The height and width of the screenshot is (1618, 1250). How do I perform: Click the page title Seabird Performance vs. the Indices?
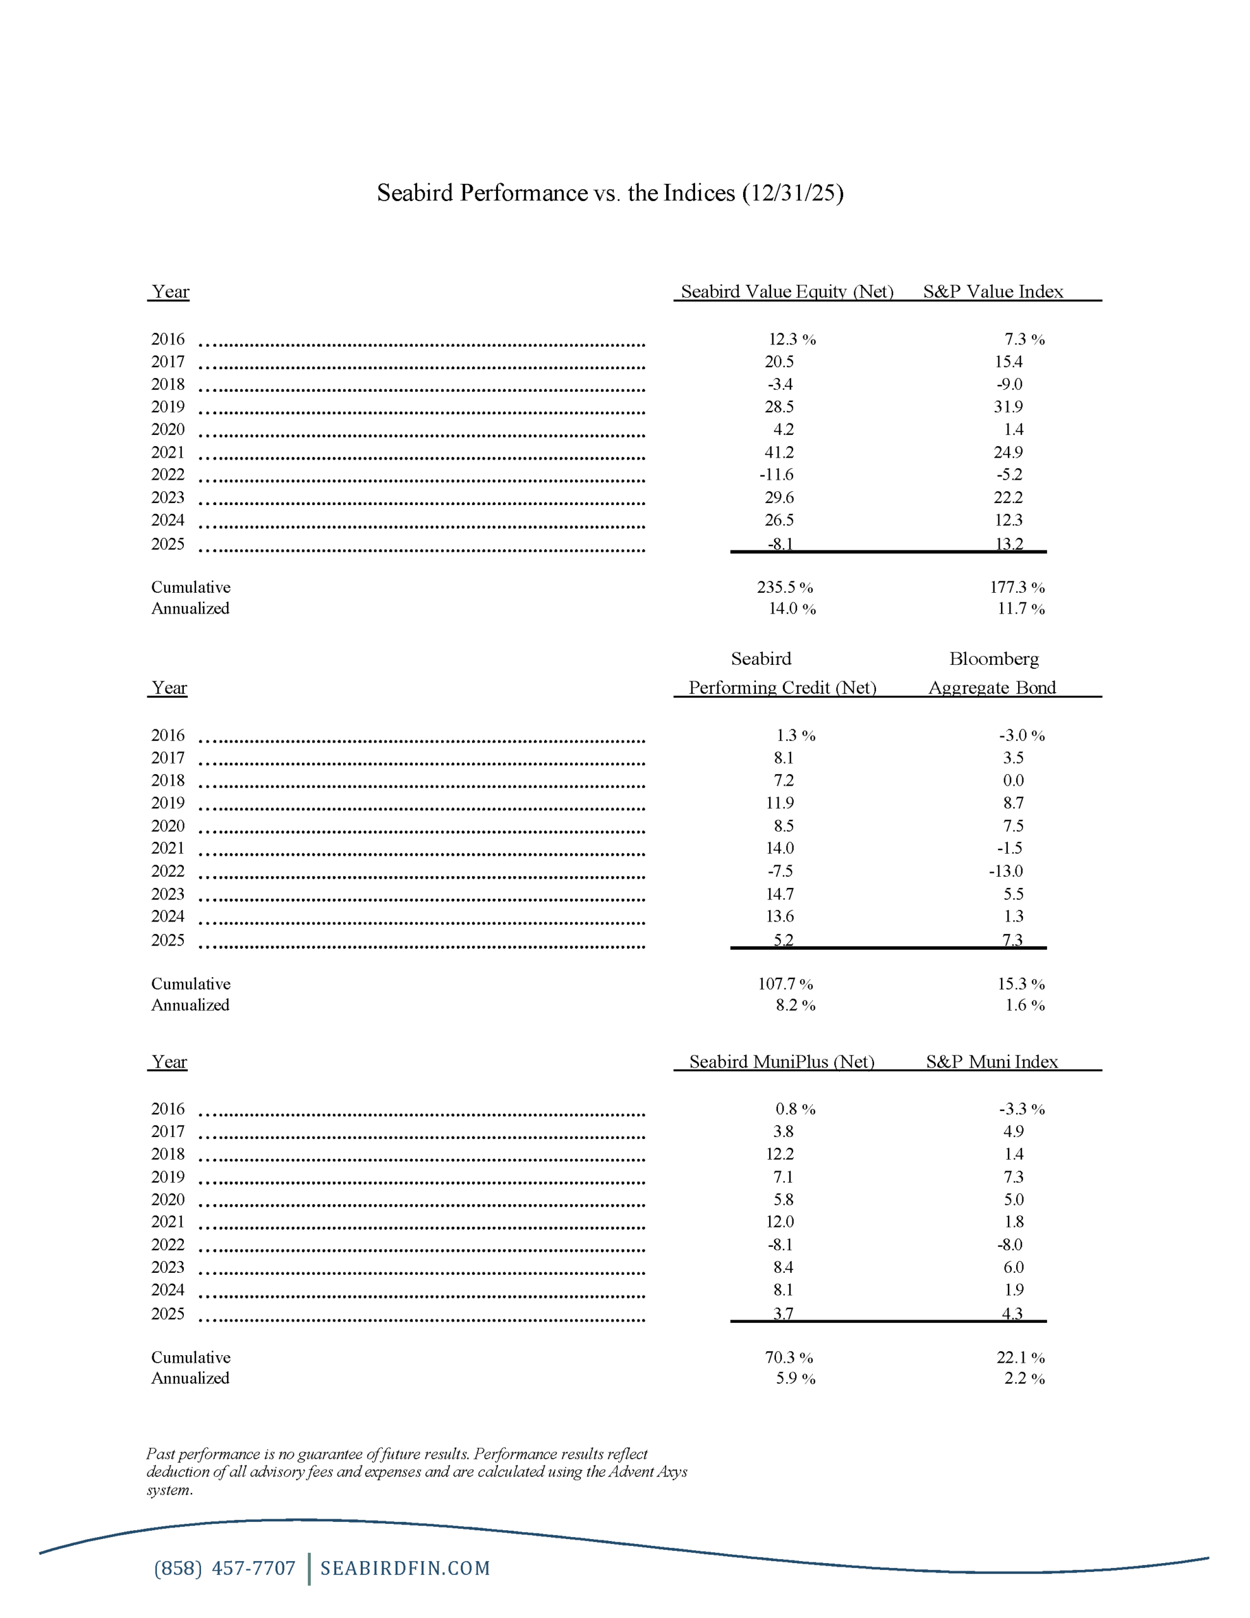pos(610,193)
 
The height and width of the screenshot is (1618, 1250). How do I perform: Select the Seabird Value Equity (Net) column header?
pos(787,291)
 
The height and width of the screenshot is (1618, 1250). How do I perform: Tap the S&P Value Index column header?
pos(993,291)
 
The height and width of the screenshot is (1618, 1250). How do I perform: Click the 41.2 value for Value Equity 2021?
pos(779,452)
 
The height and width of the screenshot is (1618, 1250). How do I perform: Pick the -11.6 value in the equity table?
pos(776,474)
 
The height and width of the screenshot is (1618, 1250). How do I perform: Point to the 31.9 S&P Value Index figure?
pos(1008,407)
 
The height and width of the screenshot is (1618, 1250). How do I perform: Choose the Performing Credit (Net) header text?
pos(782,688)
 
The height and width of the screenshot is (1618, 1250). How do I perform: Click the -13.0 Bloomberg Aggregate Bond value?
pos(1005,870)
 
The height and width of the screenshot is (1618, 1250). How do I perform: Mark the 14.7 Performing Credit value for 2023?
pos(779,894)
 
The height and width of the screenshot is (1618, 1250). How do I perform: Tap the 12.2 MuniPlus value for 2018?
pos(779,1153)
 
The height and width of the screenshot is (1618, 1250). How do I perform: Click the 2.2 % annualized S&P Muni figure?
pos(1024,1378)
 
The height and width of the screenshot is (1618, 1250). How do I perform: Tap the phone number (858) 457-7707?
pos(224,1567)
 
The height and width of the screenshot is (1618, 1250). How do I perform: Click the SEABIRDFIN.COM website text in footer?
pos(405,1567)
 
